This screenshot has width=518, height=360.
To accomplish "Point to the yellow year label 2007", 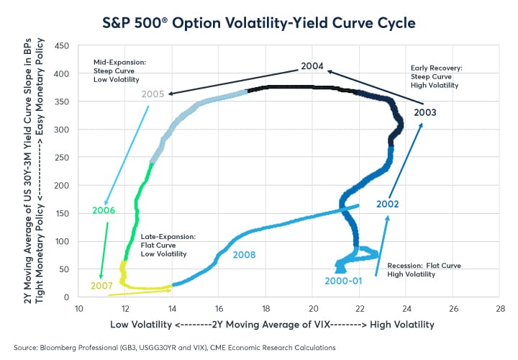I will tap(102, 286).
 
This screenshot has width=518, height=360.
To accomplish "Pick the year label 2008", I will tap(245, 254).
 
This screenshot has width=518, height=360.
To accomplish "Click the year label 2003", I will tap(424, 112).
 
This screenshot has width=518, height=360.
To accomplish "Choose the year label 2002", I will tap(388, 204).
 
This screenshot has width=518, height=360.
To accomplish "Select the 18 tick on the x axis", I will tap(265, 309).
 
